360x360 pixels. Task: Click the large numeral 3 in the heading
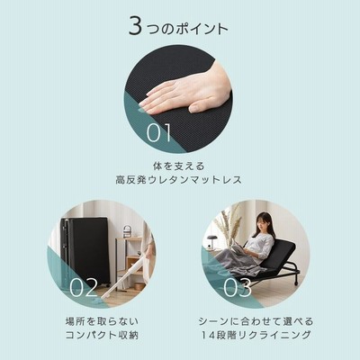(135, 25)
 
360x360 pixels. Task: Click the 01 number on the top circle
(159, 133)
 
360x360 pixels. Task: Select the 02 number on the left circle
(84, 287)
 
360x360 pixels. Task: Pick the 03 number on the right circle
(238, 287)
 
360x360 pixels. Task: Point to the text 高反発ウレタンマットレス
(178, 180)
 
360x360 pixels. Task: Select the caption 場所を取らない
(102, 321)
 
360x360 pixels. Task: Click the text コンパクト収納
(102, 335)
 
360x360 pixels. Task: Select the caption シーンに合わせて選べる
(256, 321)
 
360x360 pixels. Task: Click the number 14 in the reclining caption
(206, 335)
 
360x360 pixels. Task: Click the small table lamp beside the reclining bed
(211, 240)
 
